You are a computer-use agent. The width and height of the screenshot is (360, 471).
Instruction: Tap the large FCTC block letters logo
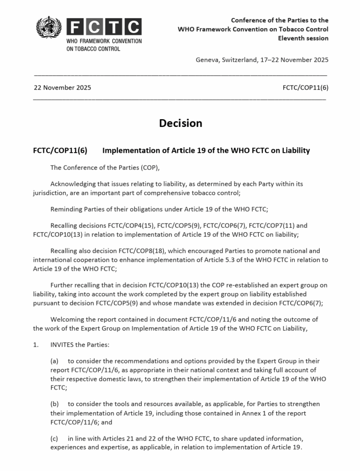pyautogui.click(x=104, y=27)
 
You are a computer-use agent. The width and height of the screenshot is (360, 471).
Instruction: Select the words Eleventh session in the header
pyautogui.click(x=303, y=38)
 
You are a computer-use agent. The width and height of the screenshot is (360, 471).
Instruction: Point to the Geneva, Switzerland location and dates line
pyautogui.click(x=262, y=60)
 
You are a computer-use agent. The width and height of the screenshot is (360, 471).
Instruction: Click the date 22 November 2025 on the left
pyautogui.click(x=62, y=88)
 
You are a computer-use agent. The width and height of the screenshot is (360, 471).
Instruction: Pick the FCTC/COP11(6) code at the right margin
pyautogui.click(x=306, y=88)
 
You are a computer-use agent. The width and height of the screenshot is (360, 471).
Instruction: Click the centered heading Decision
pyautogui.click(x=180, y=123)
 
